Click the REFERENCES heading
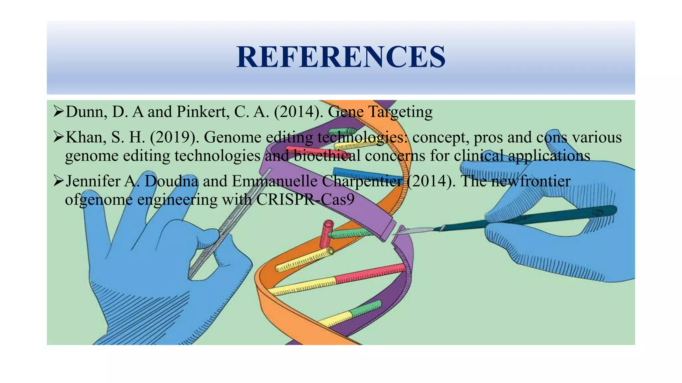[x=341, y=57]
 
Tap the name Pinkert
[x=202, y=112]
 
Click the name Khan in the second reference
[x=86, y=137]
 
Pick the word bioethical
[x=327, y=156]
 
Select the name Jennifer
[x=93, y=181]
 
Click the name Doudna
[x=171, y=181]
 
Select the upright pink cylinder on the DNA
[x=326, y=234]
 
